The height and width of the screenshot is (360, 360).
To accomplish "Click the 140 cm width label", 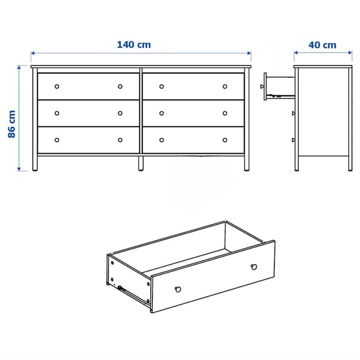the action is [134, 45].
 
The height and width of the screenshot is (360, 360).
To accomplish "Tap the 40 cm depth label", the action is [322, 45].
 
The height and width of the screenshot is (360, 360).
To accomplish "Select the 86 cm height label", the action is [11, 124].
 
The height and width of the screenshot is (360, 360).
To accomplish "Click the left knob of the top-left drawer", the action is [57, 87].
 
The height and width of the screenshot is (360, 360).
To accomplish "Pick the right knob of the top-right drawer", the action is [225, 87].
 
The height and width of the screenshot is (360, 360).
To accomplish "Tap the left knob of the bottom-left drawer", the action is [57, 140].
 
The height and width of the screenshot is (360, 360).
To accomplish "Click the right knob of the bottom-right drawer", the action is [225, 140].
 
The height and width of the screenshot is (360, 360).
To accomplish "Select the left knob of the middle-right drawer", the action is [162, 113].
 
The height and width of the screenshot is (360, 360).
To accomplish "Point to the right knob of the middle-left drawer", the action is [120, 113].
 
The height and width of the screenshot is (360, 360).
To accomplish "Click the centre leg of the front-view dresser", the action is [141, 163].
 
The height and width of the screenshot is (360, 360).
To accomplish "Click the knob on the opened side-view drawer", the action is [262, 87].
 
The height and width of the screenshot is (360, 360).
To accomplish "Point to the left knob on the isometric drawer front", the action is [178, 289].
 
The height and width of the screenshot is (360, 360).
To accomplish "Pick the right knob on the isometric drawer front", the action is [254, 267].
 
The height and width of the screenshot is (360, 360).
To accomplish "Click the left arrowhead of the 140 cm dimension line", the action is [33, 53].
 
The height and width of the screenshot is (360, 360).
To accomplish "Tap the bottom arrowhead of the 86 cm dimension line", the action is [19, 169].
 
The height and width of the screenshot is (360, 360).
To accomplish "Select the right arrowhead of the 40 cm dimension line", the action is [350, 53].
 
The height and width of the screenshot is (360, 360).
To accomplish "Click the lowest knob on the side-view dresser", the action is [293, 140].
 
